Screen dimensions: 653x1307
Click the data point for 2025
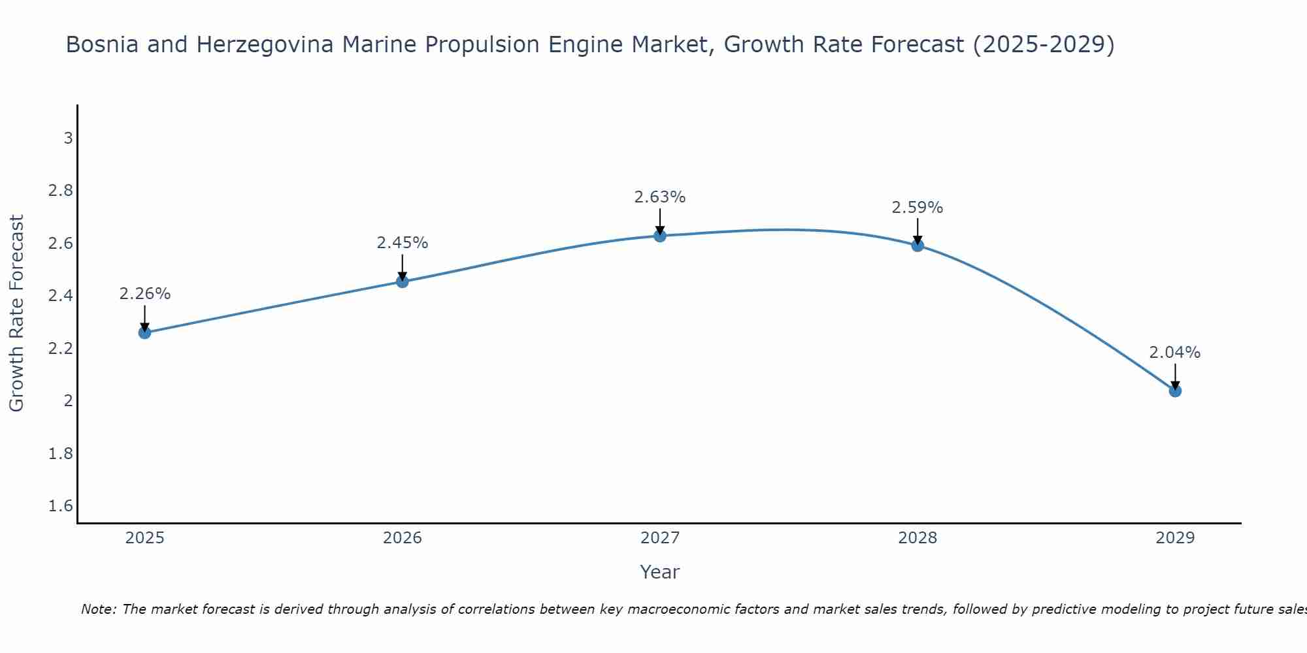coord(144,332)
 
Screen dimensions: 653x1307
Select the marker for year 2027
coord(660,236)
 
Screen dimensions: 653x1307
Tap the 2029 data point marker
coord(1175,390)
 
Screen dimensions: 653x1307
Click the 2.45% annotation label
coord(402,243)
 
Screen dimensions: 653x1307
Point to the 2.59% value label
coord(917,208)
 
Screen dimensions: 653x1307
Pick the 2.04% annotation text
coord(1174,353)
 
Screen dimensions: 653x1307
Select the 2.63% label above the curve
coord(659,197)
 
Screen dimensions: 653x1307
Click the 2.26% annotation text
coord(144,294)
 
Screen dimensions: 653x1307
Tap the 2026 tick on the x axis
coord(402,538)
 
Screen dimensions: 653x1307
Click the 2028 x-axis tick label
coord(917,538)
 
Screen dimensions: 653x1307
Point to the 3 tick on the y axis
coord(68,138)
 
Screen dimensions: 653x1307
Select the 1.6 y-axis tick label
coord(61,506)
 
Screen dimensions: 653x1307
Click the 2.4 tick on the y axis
coord(61,296)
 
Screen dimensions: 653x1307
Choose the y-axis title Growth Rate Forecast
coord(16,313)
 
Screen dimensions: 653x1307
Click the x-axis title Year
coord(659,572)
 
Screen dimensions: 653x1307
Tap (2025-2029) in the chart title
coord(1044,44)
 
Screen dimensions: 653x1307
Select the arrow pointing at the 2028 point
coord(917,231)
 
